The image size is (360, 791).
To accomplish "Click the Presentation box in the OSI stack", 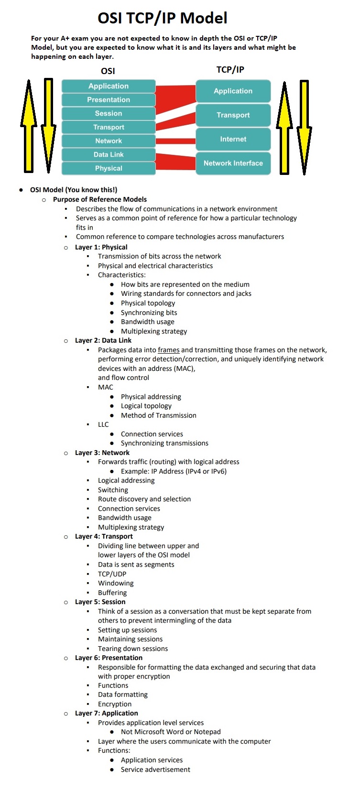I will pos(109,100).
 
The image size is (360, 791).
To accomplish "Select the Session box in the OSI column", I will pos(109,114).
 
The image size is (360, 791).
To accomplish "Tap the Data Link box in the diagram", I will pos(109,155).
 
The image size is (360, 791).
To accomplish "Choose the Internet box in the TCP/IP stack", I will pos(233,139).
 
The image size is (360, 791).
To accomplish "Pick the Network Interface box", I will pos(233,163).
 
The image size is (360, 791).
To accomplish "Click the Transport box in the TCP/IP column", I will pos(233,115).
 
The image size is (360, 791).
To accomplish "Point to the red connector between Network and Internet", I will pos(175,141).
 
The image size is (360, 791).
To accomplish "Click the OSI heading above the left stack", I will pos(108,71).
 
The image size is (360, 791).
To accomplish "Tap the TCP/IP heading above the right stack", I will pos(230,70).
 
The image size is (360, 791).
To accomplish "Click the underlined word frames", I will pos(169,350).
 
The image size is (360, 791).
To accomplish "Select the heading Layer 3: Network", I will pos(102,453).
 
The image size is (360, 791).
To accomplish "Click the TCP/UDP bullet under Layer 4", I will pos(112,574).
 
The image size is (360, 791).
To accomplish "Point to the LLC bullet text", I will pos(103,424).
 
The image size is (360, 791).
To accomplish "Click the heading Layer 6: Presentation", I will pos(109,658).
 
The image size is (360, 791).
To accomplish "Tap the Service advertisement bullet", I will pos(155,769).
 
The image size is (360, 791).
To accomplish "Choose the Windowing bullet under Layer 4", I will pos(116,583).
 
